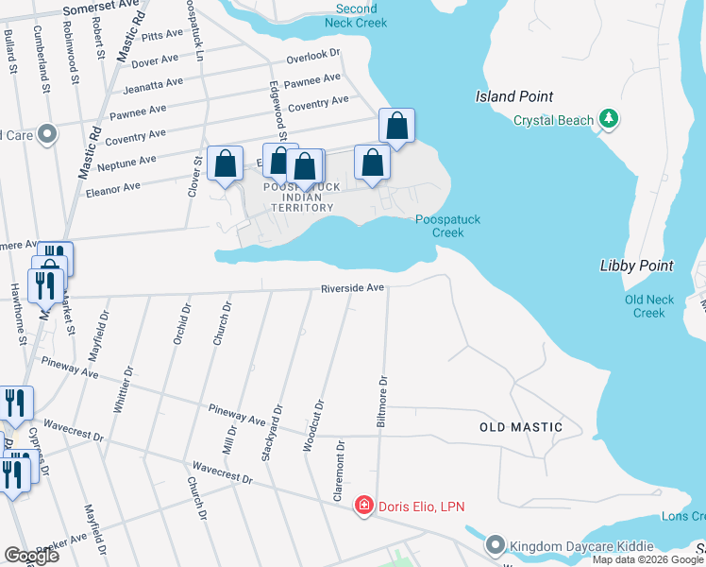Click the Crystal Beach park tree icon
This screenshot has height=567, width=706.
point(610,119)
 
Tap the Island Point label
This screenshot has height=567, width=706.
point(514,96)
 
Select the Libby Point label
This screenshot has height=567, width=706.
point(637,266)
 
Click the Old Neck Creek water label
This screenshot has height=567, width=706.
point(649,306)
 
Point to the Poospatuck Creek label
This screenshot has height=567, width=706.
point(448,226)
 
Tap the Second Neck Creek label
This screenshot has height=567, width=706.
point(356,16)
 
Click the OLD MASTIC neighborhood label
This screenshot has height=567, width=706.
point(521,427)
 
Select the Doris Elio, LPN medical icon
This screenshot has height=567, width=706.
point(363,507)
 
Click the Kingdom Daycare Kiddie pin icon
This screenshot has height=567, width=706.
point(496,545)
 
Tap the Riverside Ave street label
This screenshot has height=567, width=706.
point(352,287)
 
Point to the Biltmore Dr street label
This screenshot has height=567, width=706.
point(382,405)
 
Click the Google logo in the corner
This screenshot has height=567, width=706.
point(31,556)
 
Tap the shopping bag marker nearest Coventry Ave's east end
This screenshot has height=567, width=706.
point(397,127)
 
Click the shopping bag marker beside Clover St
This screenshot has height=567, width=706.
point(225,164)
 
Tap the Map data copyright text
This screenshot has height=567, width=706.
point(648,559)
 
